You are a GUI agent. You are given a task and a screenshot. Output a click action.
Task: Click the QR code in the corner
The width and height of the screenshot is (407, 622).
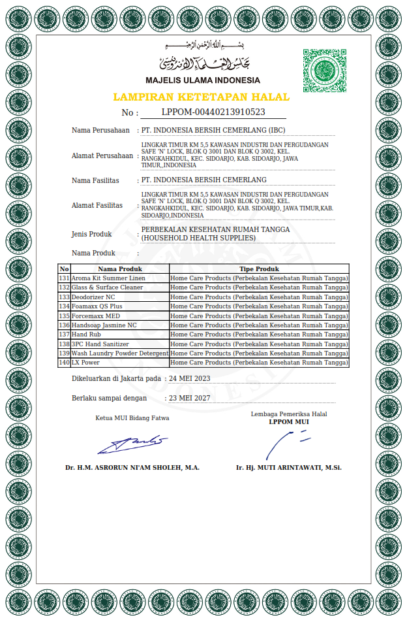coord(324,71)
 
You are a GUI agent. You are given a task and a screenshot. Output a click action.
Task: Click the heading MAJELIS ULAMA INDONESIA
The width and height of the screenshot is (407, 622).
coord(203,80)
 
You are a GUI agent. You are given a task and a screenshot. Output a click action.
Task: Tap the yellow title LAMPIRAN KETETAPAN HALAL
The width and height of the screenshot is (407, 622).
coord(202,97)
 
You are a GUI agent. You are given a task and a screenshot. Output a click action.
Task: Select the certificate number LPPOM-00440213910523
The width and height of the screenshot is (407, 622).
coord(213,112)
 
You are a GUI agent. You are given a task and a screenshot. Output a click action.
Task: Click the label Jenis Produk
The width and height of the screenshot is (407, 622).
coord(91,234)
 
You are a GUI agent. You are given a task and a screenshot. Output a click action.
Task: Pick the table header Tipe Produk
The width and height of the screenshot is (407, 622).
coord(259,269)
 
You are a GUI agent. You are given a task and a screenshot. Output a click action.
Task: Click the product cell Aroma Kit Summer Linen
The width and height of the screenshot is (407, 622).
coord(108,278)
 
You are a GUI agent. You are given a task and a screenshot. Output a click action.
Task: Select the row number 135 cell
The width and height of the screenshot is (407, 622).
coord(64,316)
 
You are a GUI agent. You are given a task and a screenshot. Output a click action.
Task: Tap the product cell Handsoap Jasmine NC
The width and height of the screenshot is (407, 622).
coord(104,325)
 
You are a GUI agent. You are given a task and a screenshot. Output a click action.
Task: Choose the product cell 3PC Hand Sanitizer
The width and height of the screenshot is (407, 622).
coord(100,344)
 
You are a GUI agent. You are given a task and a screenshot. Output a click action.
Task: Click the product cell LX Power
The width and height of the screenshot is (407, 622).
coord(85,363)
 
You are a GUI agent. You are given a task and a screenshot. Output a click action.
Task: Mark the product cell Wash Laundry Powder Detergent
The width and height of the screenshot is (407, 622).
coord(120,353)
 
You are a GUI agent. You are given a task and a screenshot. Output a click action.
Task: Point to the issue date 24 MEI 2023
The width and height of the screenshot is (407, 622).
coord(189,378)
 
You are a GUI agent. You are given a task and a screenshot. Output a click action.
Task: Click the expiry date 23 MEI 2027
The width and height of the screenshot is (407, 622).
coord(189,398)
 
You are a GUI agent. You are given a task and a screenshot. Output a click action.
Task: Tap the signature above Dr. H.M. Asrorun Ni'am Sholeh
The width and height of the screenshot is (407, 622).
coord(132,444)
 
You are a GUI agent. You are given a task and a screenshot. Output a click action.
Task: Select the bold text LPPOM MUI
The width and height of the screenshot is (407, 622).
coord(289,422)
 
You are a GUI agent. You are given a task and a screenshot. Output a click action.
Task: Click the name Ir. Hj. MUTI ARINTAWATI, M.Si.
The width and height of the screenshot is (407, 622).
coord(289,468)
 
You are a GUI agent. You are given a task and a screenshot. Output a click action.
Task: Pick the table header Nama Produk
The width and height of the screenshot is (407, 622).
coord(120,269)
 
